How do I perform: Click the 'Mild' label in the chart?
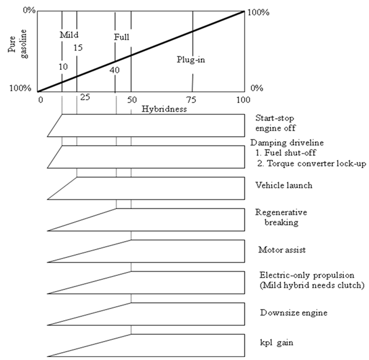pos(69,36)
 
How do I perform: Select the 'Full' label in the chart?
pos(122,37)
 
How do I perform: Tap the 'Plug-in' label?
pos(192,60)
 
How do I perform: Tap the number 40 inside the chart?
pos(115,70)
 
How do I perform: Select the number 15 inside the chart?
pos(77,48)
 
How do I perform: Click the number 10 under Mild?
pos(63,66)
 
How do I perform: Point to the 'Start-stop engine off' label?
pos(275,123)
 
